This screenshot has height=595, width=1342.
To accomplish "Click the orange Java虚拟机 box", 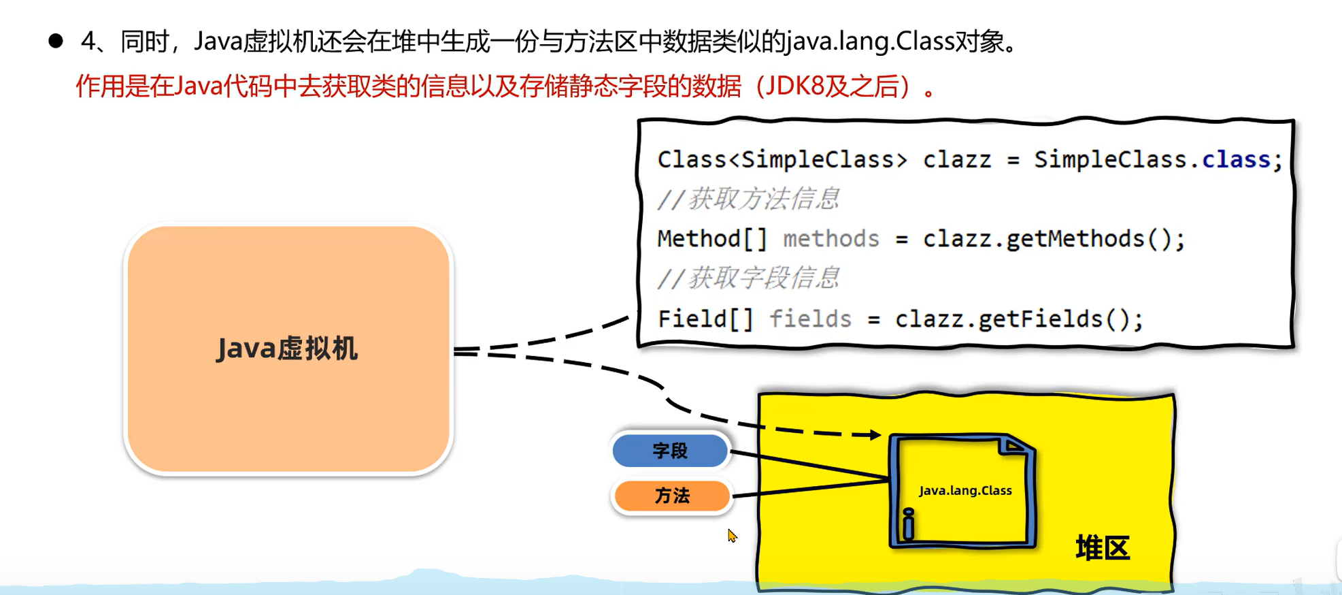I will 288,349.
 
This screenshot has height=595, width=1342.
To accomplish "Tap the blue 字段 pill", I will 670,451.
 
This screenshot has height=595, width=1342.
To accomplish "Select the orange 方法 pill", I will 671,496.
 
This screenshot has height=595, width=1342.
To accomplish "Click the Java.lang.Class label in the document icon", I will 965,490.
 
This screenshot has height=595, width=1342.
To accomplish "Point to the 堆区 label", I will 1102,547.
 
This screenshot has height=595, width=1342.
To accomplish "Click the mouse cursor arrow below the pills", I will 731,536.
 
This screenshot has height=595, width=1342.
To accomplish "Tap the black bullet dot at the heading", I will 56,42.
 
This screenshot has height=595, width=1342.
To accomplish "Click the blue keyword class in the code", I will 1235,159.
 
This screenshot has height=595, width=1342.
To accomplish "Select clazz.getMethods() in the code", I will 1052,239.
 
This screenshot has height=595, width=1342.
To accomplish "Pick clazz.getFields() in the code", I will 1018,319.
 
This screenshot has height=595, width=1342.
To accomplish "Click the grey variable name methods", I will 831,239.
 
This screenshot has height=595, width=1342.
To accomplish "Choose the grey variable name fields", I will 810,319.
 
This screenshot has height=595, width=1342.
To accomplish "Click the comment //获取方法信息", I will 748,199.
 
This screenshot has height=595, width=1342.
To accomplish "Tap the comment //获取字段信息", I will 748,278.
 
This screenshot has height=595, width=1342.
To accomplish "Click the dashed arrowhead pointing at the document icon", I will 876,434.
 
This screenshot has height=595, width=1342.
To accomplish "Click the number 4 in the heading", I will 88,42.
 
